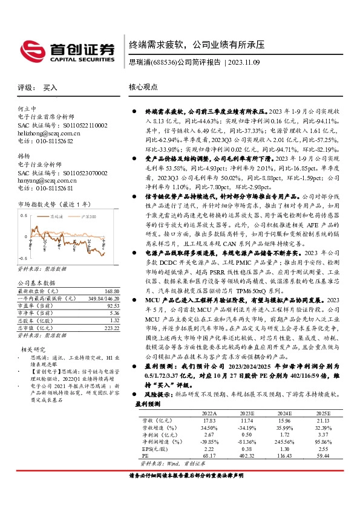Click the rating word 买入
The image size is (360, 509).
50,88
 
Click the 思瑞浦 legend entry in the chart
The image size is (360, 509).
56,216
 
